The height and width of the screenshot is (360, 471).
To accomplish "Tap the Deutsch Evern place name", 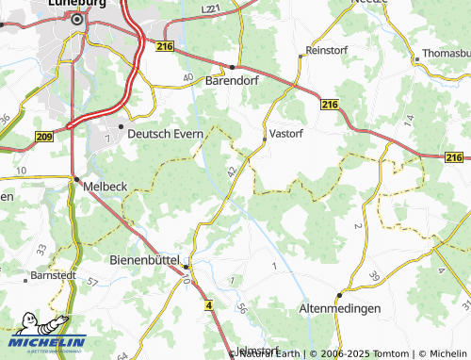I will [166, 134].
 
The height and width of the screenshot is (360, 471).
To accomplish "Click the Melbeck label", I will [106, 187].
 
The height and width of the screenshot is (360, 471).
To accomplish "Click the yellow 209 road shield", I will [43, 137].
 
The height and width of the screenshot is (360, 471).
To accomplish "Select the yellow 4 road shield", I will [206, 305].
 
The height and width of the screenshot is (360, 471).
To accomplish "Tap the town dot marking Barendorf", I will [233, 66].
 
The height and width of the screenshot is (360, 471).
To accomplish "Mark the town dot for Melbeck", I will [75, 178].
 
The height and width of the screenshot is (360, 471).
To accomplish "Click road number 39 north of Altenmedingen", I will [374, 275].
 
